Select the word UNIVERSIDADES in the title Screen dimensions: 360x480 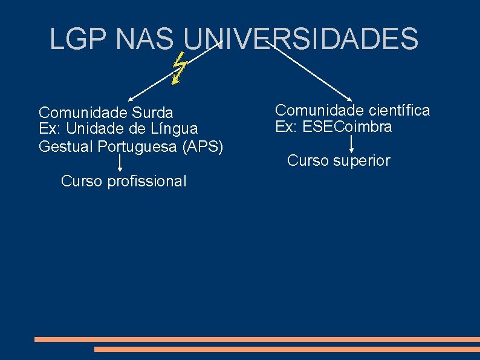tap(300, 39)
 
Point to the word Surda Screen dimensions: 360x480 tap(152, 113)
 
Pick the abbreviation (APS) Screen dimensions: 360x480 tap(201, 146)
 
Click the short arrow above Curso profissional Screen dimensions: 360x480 tap(120, 163)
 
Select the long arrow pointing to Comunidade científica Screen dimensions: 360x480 tap(308, 71)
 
